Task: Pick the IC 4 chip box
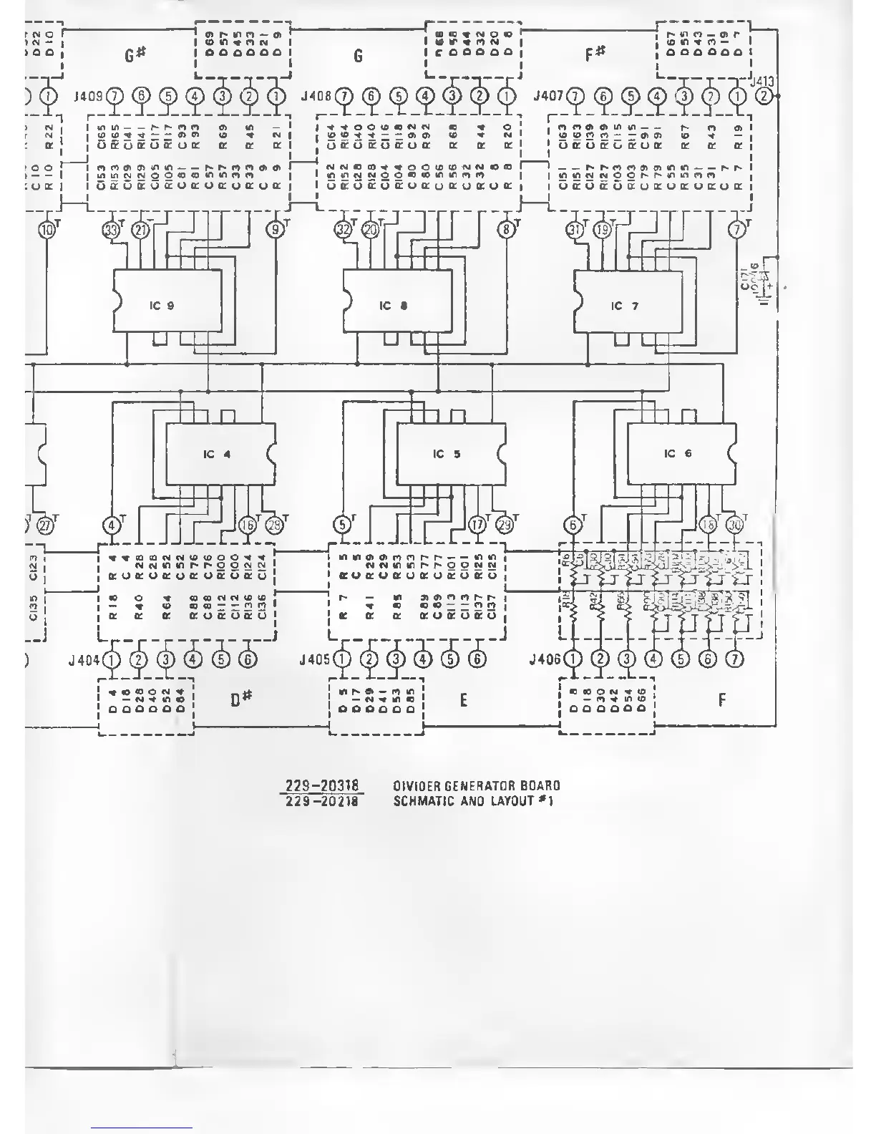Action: click(x=220, y=454)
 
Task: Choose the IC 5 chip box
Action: click(x=451, y=454)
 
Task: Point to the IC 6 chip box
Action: click(x=681, y=454)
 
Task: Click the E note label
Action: click(x=464, y=700)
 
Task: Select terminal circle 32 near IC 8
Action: click(x=344, y=230)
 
